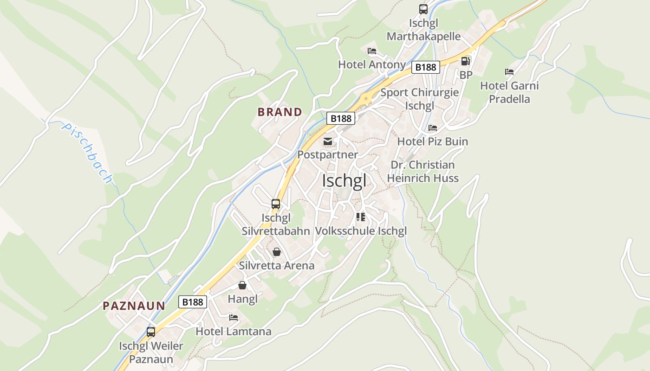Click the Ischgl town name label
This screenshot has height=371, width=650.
click(344, 181)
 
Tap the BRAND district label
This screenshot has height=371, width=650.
click(279, 112)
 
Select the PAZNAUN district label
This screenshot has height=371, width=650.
click(134, 306)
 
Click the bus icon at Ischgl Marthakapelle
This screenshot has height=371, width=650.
click(423, 9)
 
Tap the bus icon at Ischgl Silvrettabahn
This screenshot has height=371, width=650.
click(276, 204)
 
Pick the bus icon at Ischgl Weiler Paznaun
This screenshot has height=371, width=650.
click(151, 332)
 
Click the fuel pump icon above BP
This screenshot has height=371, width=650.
click(465, 61)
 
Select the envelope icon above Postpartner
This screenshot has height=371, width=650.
click(328, 141)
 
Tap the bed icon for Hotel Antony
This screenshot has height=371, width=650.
click(372, 51)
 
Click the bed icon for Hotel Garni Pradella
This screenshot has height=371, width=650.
click(509, 72)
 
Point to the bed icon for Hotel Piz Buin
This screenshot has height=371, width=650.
click(433, 128)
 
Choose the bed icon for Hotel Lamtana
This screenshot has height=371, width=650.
click(234, 318)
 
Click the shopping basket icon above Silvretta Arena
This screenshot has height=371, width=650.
click(277, 252)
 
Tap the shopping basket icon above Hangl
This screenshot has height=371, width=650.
click(242, 285)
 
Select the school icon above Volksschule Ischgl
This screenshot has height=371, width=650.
click(361, 217)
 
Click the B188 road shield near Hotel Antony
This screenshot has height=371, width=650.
click(426, 67)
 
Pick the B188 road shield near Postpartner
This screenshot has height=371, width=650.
click(341, 118)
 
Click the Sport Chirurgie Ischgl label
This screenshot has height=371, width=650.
click(420, 99)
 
